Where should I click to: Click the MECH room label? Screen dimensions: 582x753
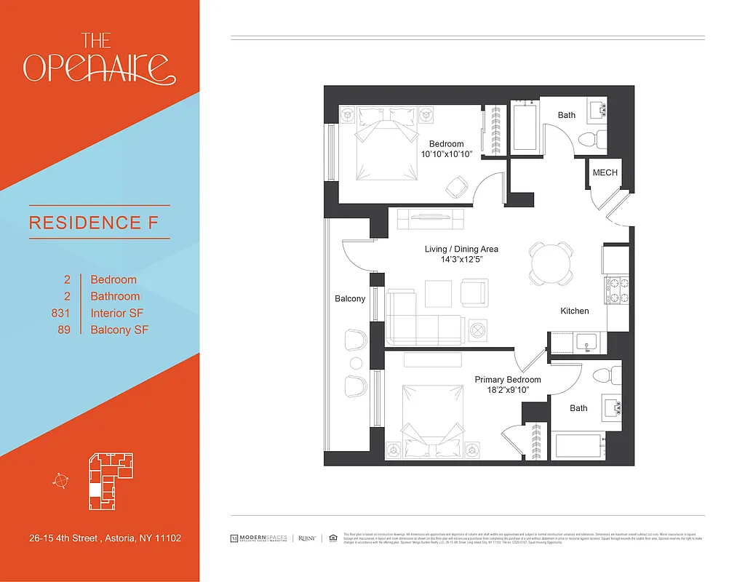pos(605,172)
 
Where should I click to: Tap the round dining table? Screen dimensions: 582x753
pos(551,263)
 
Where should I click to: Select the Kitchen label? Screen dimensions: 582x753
pos(574,311)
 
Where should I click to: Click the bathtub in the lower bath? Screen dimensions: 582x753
pos(578,445)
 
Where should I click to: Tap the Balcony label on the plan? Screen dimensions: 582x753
pos(350,299)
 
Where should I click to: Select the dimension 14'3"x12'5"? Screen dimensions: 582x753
pos(461,259)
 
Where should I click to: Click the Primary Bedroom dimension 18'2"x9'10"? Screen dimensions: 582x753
pos(507,390)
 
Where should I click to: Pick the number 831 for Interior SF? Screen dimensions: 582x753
pos(60,314)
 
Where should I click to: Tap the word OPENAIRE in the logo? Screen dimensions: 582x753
pos(98,67)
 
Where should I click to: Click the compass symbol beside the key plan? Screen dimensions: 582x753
pos(61,480)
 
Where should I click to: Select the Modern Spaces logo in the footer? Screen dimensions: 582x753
pos(259,538)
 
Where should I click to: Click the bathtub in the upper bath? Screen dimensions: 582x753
pos(525,127)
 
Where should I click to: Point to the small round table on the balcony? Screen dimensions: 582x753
pos(356,362)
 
